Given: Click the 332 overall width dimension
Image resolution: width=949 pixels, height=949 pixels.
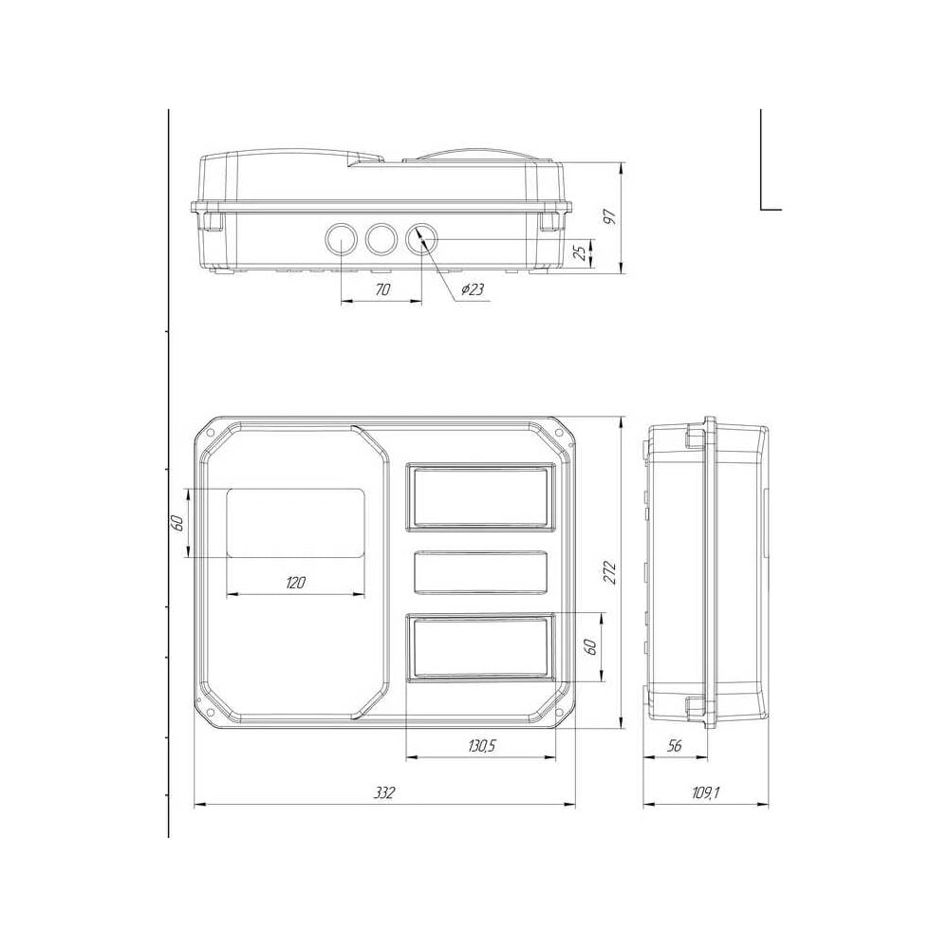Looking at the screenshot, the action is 383,792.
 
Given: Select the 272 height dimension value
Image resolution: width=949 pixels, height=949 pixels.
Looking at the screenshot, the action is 609,572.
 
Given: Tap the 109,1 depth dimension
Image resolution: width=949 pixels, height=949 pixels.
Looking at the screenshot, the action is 706,792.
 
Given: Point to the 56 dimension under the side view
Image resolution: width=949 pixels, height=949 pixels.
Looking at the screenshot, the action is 674,745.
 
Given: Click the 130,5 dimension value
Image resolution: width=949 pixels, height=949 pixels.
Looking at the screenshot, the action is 481,745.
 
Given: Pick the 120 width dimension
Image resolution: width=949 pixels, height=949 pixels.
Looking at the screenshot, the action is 295,583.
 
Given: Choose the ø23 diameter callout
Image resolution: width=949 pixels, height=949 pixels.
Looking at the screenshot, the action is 473,289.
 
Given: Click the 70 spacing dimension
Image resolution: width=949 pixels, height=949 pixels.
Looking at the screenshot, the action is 382,289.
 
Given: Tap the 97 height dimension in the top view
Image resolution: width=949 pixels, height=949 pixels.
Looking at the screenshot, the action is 609,217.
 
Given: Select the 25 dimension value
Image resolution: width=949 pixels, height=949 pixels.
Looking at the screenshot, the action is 580,252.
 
